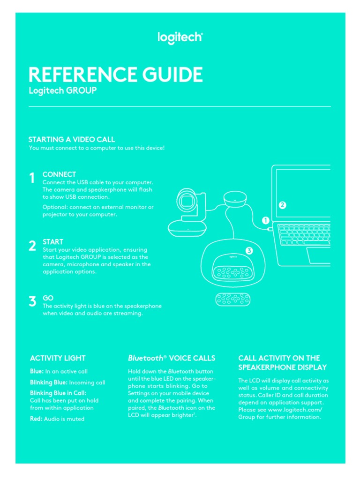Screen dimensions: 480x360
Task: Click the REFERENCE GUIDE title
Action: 115,75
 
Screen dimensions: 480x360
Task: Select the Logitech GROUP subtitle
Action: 62,91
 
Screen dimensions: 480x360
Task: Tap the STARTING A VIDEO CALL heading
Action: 71,139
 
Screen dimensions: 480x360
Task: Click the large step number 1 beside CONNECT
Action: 32,178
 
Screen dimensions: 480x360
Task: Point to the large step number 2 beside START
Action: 32,246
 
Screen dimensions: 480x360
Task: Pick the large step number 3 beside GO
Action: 32,301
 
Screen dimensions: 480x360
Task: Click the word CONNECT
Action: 59,174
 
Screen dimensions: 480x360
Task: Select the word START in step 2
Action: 52,242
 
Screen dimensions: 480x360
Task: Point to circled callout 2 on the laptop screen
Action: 282,205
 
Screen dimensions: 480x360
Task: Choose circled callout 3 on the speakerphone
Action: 249,251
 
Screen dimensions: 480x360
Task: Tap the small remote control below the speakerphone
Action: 233,300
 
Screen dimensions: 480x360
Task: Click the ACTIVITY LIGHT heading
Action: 58,358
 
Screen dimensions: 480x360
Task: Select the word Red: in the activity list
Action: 36,419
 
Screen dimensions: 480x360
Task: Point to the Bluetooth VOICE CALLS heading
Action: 172,358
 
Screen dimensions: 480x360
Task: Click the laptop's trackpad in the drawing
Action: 319,255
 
